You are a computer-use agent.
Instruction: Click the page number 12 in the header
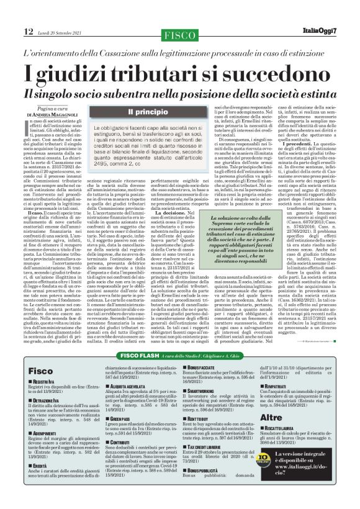pyautogui.click(x=12, y=14)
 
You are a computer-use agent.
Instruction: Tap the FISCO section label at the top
pyautogui.click(x=179, y=14)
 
